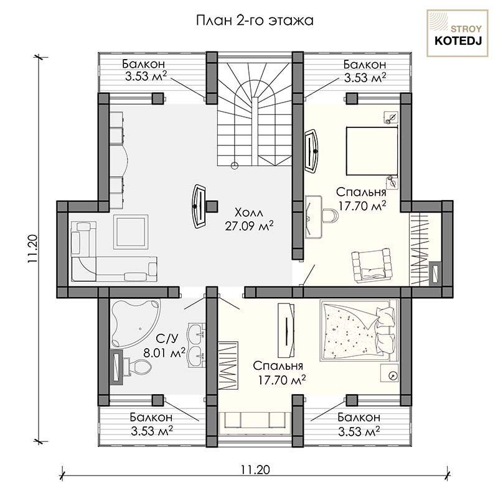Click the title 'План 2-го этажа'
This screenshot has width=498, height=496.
point(255,21)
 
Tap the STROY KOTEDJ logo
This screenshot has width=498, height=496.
point(458,34)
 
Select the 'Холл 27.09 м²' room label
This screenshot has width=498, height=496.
point(250,219)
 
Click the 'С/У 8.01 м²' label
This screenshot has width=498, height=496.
point(164,346)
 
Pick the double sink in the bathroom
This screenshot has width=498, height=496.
point(196,345)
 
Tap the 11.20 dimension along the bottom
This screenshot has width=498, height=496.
point(255,469)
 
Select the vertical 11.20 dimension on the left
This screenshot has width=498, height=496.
point(33,249)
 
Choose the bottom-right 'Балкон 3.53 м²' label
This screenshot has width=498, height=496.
point(359,424)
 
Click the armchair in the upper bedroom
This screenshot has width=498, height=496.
point(371,264)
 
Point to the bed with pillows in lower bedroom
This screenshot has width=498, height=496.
point(359,329)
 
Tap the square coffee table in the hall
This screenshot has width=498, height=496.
point(131,232)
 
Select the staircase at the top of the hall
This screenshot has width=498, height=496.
point(255,112)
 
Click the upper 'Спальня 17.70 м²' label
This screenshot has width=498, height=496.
point(362,199)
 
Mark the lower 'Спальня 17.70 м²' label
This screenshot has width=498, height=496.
point(280,373)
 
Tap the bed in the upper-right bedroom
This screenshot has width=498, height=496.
point(372,151)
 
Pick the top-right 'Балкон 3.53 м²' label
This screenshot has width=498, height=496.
point(365,71)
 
